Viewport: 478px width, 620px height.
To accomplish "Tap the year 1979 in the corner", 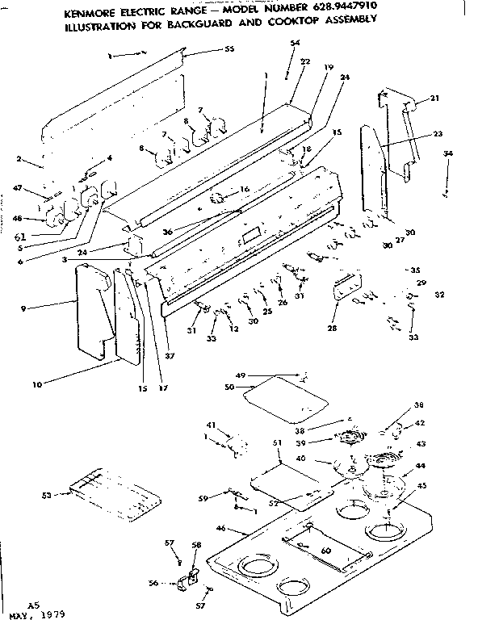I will (51, 614).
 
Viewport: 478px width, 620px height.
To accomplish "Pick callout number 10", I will (36, 384).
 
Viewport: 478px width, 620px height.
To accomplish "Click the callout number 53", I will (46, 494).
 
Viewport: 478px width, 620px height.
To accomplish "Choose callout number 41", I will (212, 425).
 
